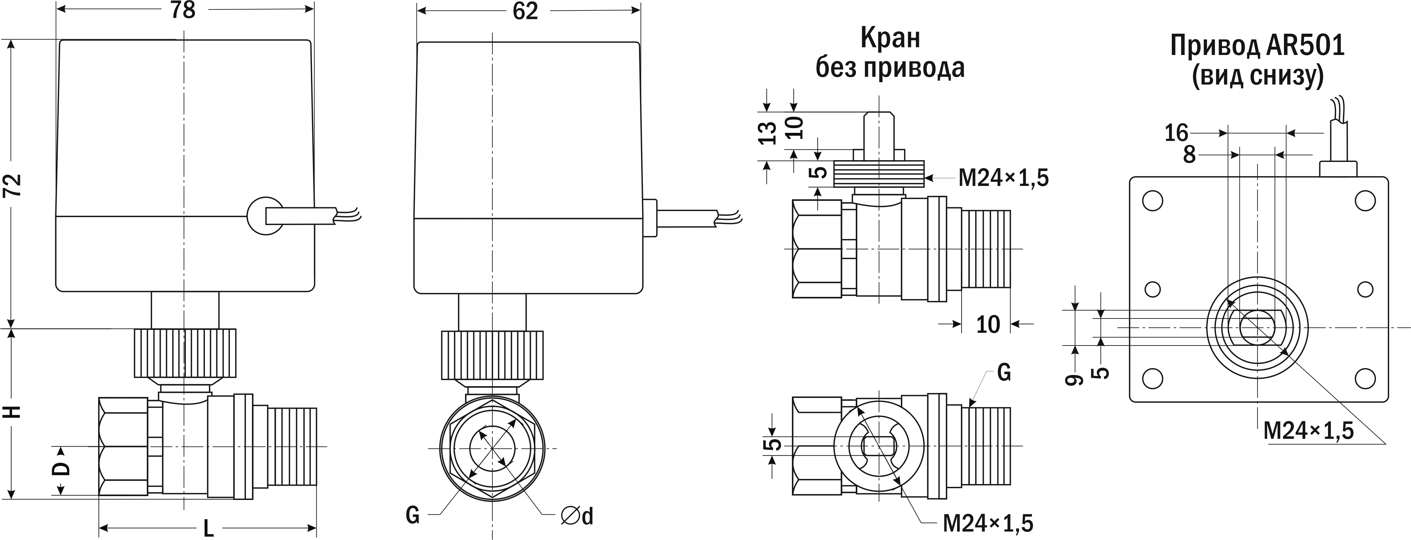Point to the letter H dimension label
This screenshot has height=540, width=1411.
(13, 411)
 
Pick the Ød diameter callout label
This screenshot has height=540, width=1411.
(577, 516)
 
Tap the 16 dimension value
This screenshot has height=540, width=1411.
(1176, 133)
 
